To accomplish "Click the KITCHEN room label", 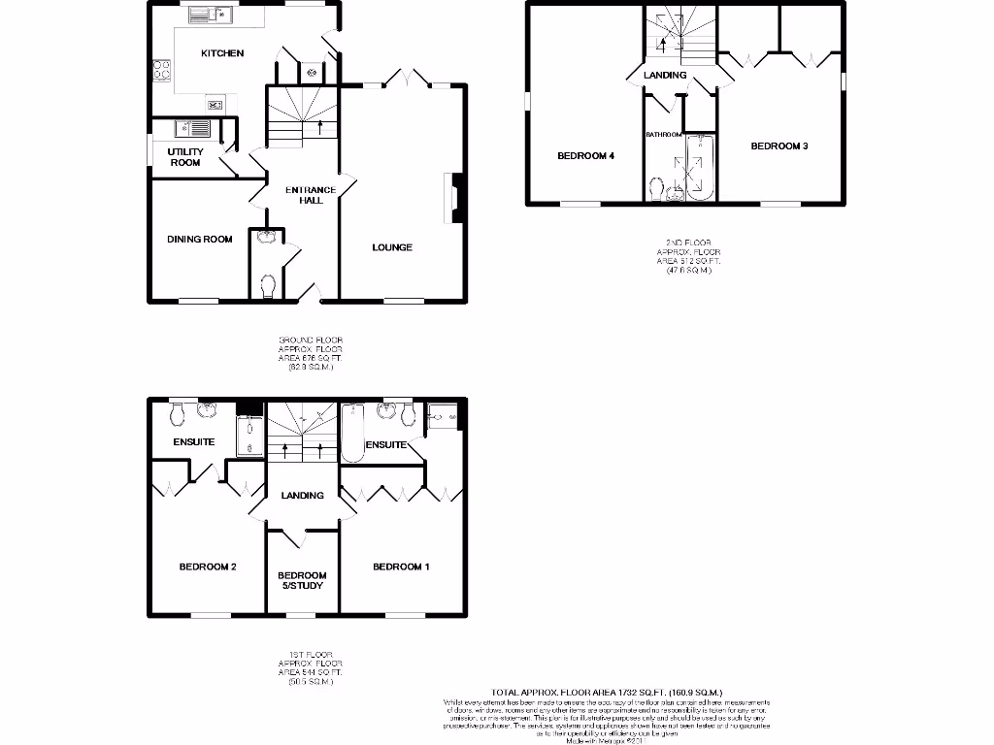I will pyautogui.click(x=222, y=53).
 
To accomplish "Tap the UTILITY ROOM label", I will pyautogui.click(x=185, y=157).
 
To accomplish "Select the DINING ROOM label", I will pyautogui.click(x=200, y=239).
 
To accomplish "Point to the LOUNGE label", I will pyautogui.click(x=392, y=247).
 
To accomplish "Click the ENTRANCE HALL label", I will pyautogui.click(x=311, y=195).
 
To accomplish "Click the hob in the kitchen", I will pyautogui.click(x=161, y=70).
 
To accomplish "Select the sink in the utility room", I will pyautogui.click(x=192, y=128).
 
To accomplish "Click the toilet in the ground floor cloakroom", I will pyautogui.click(x=269, y=284).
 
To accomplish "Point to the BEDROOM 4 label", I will pyautogui.click(x=585, y=155).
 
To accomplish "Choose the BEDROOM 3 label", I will pyautogui.click(x=779, y=146).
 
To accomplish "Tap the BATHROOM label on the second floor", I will pyautogui.click(x=664, y=135).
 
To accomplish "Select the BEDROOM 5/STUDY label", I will pyautogui.click(x=302, y=580).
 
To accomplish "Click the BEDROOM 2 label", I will pyautogui.click(x=208, y=567).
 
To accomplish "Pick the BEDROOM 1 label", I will pyautogui.click(x=401, y=567).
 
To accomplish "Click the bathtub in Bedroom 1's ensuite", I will pyautogui.click(x=352, y=433).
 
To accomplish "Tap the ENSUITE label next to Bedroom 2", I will pyautogui.click(x=194, y=442).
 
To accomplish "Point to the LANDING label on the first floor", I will pyautogui.click(x=302, y=496).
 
